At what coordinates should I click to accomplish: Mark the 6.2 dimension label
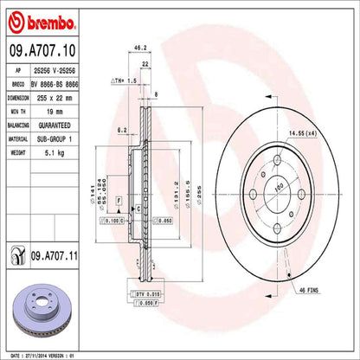122,129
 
